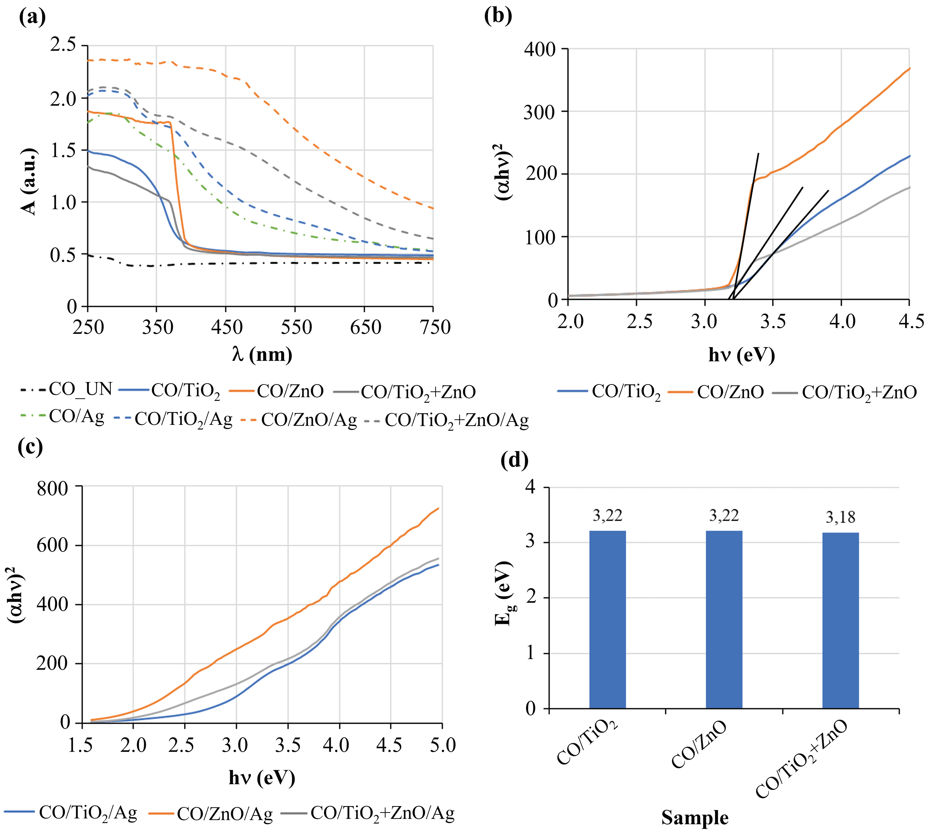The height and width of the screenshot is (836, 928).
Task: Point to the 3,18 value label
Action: (x=840, y=518)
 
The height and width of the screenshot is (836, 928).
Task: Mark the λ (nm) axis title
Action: (x=262, y=355)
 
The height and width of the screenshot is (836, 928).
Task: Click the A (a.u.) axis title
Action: (x=28, y=181)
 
